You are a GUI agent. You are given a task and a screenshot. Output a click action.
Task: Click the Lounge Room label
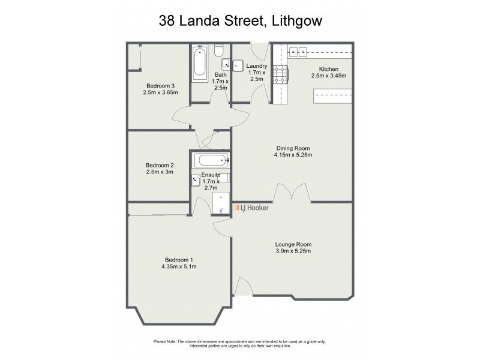pyautogui.click(x=293, y=244)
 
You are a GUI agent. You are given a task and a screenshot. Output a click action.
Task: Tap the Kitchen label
pyautogui.click(x=329, y=68)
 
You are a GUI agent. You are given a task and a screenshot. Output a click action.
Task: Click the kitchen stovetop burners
pyautogui.click(x=280, y=74)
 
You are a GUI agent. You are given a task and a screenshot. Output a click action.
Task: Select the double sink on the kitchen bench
pyautogui.click(x=298, y=52)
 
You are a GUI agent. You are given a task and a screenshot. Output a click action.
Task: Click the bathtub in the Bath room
pyautogui.click(x=199, y=65)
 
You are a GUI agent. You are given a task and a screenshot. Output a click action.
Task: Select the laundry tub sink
pyautogui.click(x=237, y=64)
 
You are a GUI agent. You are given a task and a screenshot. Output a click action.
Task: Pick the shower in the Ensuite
pyautogui.click(x=221, y=203)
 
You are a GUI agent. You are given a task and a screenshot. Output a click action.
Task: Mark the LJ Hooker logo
pyautogui.click(x=251, y=208)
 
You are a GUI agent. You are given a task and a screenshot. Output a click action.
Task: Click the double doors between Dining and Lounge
pyautogui.click(x=292, y=193)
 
